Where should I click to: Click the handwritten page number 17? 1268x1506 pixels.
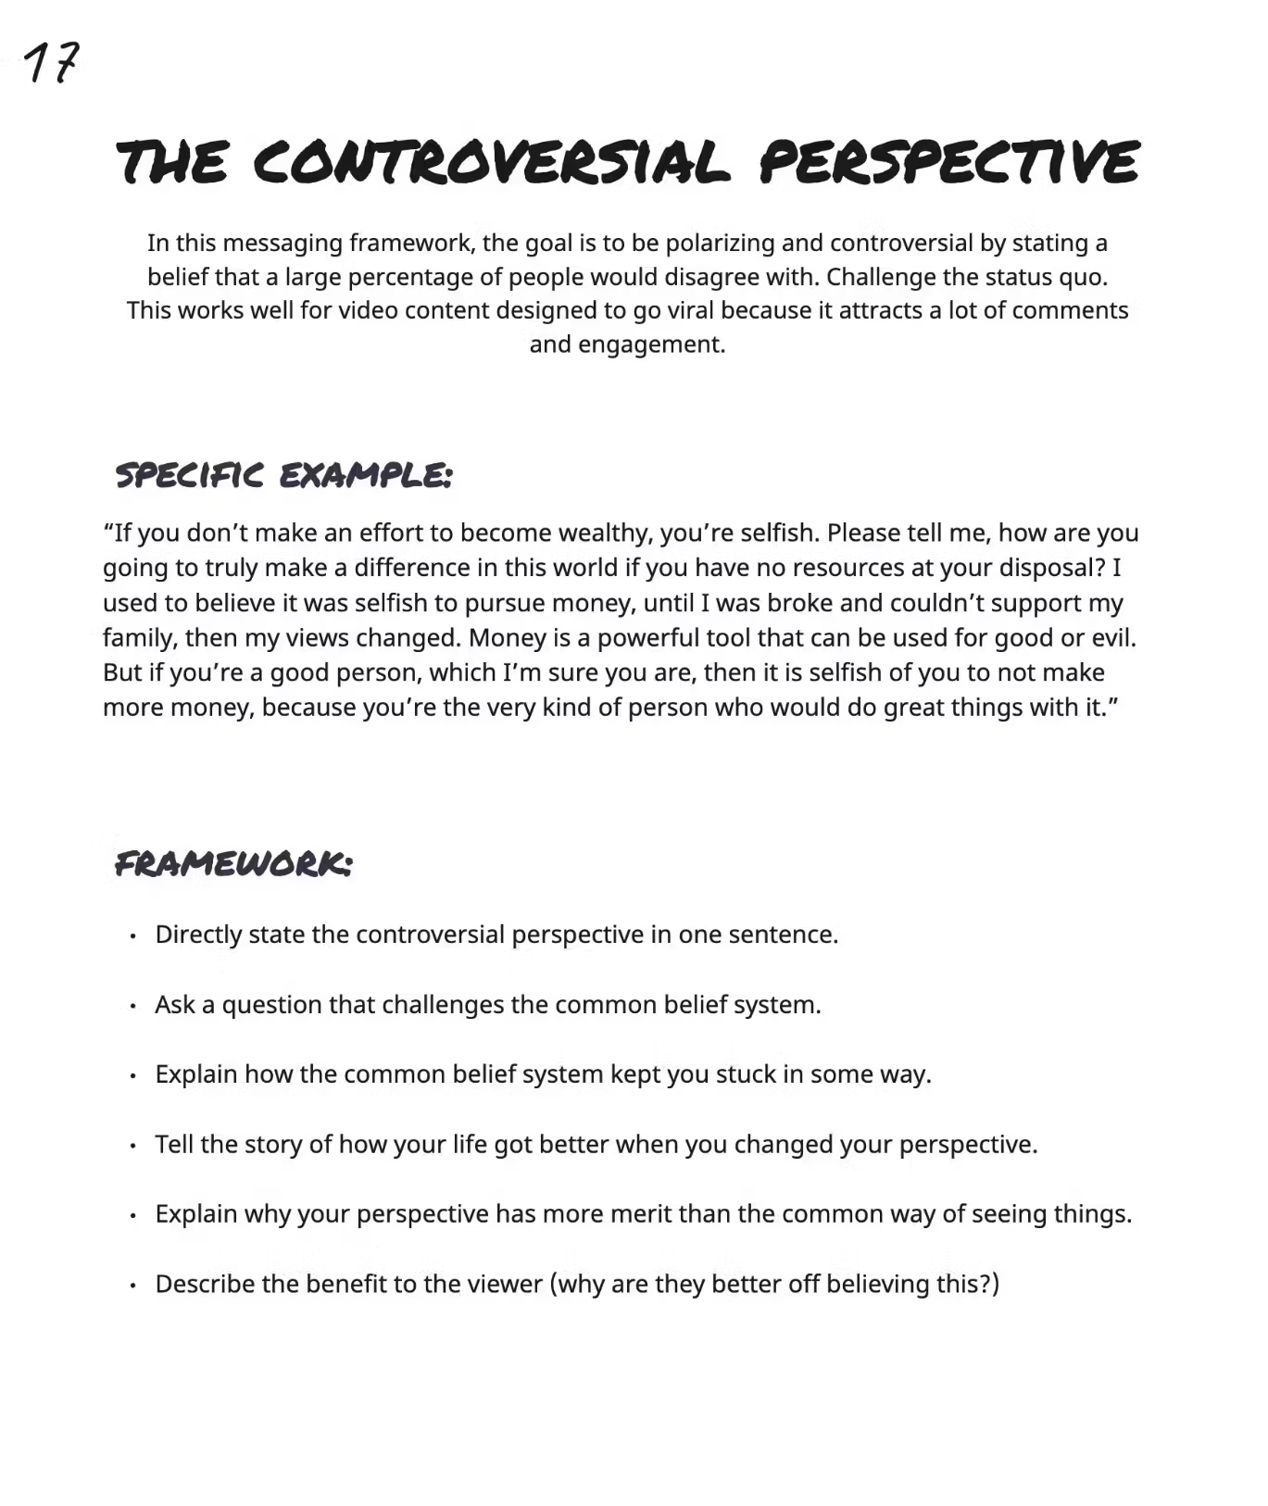pyautogui.click(x=51, y=63)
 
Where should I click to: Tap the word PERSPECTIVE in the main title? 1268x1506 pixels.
pyautogui.click(x=949, y=163)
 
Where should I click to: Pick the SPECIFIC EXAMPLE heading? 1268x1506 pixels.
pyautogui.click(x=283, y=476)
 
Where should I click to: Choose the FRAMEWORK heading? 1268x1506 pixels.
pyautogui.click(x=233, y=864)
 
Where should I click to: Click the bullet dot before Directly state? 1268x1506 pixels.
pyautogui.click(x=133, y=935)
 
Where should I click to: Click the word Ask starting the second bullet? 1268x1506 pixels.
pyautogui.click(x=175, y=1005)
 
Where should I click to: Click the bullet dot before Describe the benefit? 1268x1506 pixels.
pyautogui.click(x=133, y=1286)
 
